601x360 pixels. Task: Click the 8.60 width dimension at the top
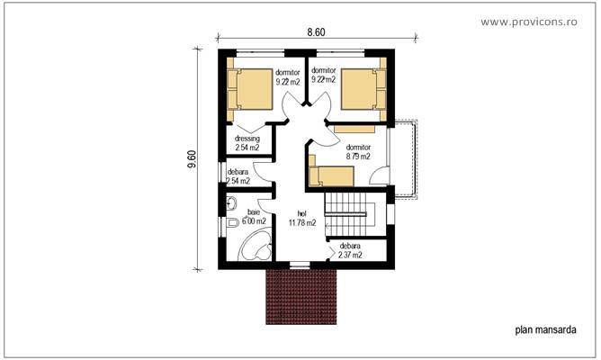click(316, 31)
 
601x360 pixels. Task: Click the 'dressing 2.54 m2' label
click(247, 143)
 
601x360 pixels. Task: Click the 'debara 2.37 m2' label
click(350, 249)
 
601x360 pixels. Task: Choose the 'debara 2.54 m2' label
click(238, 176)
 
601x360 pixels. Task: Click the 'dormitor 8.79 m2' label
click(358, 151)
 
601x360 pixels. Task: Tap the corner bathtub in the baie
click(255, 245)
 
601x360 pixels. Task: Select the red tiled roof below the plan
click(301, 296)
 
